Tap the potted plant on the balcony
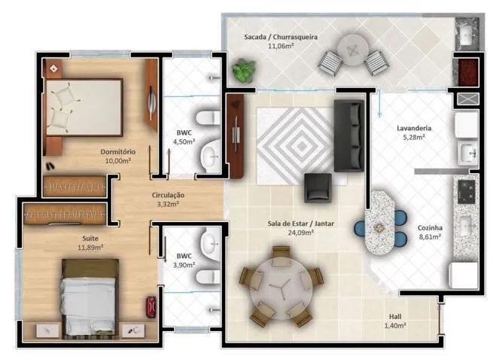243,71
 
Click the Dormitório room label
119,151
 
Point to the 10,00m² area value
118,160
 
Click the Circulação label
168,195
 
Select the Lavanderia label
413,128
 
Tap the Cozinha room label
430,227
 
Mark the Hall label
394,316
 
